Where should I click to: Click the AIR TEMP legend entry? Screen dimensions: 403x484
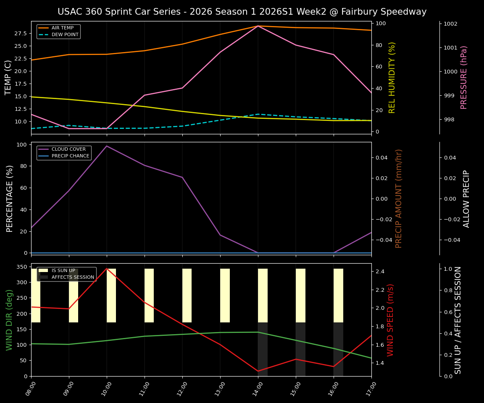62,28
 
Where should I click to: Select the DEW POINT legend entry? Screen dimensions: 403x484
65,34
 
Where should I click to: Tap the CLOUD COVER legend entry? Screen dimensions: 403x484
68,149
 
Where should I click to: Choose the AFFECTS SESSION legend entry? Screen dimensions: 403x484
72,277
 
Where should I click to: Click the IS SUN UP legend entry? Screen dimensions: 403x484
63,271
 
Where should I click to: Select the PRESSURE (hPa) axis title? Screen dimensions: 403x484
464,77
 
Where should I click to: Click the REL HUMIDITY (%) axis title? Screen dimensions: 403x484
392,77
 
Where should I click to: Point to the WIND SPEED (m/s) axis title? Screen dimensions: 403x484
391,320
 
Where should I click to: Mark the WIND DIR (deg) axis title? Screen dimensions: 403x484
9,320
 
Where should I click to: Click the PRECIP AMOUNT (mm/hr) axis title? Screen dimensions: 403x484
399,198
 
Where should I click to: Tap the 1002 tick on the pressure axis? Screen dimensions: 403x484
453,24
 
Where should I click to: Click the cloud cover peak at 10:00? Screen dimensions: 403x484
107,146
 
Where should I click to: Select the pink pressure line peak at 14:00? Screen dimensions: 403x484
258,26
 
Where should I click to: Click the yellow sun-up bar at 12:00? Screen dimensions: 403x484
187,296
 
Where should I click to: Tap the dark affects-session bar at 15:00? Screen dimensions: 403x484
300,349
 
